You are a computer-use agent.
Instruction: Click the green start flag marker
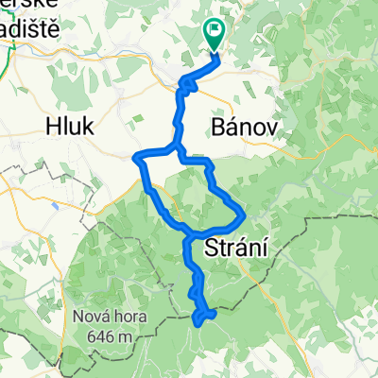[214, 35]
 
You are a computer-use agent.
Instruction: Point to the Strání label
[236, 248]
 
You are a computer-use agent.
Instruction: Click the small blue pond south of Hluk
[54, 201]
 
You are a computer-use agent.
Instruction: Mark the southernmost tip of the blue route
[198, 324]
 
